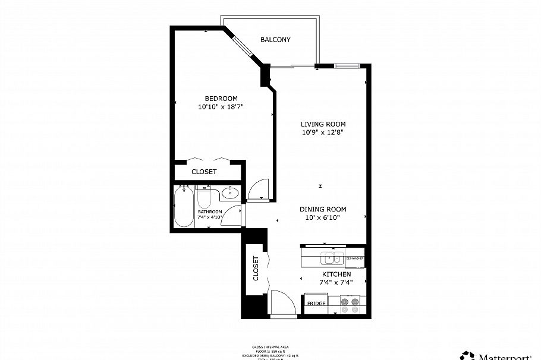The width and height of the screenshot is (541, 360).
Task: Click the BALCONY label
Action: (x=275, y=40)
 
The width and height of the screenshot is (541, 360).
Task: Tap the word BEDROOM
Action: (x=221, y=99)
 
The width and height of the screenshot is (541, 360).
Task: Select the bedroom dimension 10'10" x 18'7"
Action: (x=221, y=107)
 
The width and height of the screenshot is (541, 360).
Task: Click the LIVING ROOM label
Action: (x=323, y=124)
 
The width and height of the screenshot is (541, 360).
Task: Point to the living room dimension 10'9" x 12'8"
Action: (x=323, y=132)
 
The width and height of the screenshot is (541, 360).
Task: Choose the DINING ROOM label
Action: (x=323, y=209)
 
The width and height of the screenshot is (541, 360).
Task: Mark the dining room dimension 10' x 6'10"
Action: (x=323, y=217)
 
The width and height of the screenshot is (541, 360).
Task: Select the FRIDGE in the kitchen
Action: (x=316, y=304)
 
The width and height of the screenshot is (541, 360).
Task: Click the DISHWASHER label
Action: (x=354, y=258)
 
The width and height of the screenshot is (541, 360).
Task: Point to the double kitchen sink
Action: (x=332, y=258)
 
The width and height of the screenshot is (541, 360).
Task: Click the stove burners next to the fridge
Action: (x=350, y=305)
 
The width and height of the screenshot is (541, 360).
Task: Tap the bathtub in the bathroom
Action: (x=184, y=207)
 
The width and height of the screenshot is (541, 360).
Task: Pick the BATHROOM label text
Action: (x=210, y=212)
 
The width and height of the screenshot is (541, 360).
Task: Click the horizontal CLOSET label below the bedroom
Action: (x=204, y=172)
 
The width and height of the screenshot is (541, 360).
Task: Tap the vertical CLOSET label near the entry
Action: (x=256, y=269)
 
